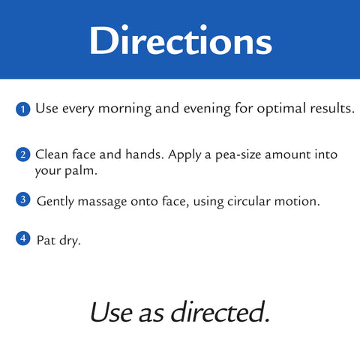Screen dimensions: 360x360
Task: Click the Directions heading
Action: click(x=181, y=40)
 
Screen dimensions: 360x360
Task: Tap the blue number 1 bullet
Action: click(x=23, y=109)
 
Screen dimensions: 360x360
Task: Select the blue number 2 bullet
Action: click(x=23, y=154)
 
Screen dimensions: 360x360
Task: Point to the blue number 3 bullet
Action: click(x=23, y=199)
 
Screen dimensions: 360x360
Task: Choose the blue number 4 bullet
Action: click(x=23, y=238)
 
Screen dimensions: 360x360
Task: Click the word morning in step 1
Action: click(x=124, y=109)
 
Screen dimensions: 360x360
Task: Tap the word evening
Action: click(x=207, y=109)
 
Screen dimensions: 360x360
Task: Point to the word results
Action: click(x=332, y=108)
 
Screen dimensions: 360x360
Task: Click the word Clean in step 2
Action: click(x=52, y=154)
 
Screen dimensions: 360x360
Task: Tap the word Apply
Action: click(x=184, y=155)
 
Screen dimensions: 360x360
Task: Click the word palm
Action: click(x=81, y=171)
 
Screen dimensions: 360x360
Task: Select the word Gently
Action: click(x=55, y=202)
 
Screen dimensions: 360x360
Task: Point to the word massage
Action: click(x=102, y=202)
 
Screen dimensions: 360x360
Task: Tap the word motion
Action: click(x=297, y=201)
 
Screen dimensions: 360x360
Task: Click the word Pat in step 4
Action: click(x=46, y=241)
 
